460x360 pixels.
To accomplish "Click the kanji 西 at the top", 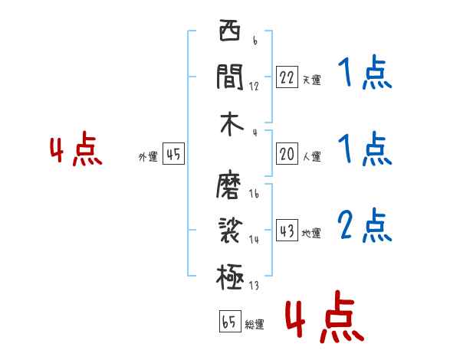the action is pos(230,33).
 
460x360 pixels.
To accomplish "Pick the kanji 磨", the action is pos(230,186).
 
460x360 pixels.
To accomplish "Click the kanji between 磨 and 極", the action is pos(230,230).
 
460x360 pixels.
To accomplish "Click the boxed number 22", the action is pos(287,77).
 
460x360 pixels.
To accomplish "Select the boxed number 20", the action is pos(287,154).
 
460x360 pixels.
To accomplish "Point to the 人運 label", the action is pos(311,156).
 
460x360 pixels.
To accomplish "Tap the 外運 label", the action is pos(148,157).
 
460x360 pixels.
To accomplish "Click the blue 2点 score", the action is pos(365,225).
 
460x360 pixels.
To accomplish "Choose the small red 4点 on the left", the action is pos(75,150).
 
